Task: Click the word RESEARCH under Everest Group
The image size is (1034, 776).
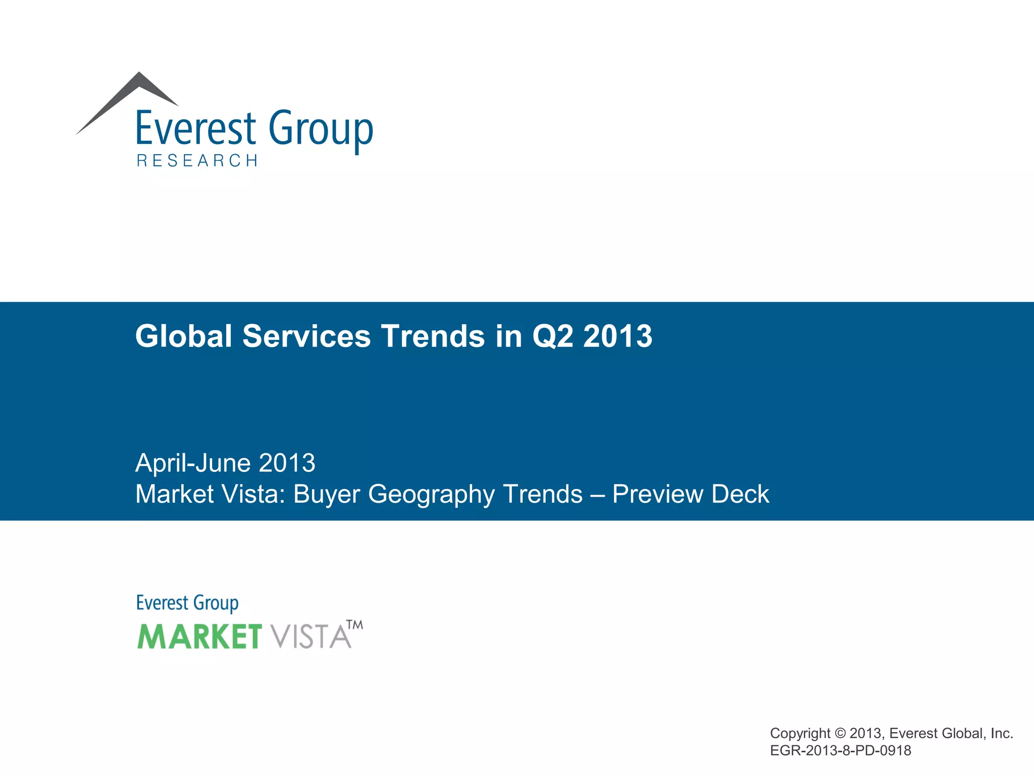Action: tap(197, 161)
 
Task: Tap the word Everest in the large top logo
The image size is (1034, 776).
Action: tap(196, 129)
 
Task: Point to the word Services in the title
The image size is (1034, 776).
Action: tap(306, 336)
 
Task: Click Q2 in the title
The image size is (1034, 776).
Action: tap(552, 337)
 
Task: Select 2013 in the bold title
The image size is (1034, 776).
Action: tap(617, 336)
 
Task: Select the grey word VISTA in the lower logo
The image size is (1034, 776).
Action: tap(310, 636)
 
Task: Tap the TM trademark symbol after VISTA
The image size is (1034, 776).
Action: tap(355, 625)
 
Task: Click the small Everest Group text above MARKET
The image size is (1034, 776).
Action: tap(187, 603)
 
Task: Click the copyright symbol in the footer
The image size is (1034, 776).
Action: tap(840, 733)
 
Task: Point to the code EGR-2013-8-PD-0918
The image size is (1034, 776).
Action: tap(840, 751)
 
